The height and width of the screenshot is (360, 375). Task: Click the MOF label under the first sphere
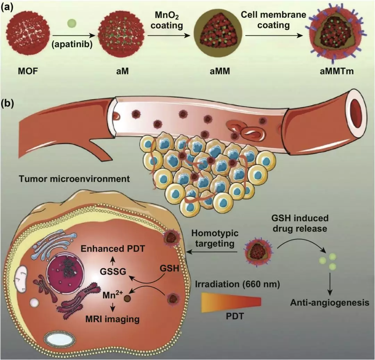28,71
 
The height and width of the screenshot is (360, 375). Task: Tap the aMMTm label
336,71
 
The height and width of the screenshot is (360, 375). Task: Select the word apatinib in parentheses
72,44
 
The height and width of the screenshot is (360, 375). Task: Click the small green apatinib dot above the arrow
72,24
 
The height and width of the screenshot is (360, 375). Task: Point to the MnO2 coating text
167,21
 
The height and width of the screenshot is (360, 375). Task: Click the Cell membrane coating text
273,19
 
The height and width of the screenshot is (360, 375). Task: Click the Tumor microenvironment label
74,179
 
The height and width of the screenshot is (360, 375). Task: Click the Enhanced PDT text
112,249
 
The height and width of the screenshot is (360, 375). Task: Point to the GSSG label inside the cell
113,272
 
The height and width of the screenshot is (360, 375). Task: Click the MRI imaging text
112,319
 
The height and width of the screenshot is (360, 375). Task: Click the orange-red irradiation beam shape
231,302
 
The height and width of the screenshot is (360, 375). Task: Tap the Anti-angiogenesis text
330,303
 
